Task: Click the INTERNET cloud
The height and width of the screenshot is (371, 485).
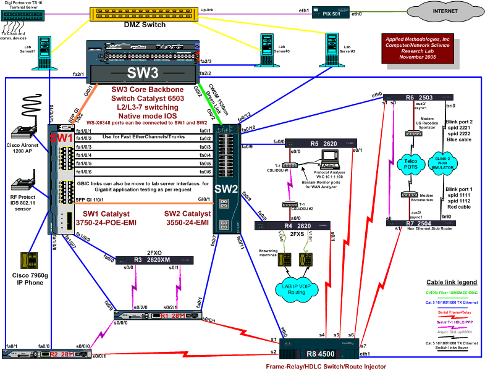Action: pos(438,12)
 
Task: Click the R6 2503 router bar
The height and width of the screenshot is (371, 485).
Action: pos(420,98)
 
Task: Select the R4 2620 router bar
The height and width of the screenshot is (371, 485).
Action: pos(302,226)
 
